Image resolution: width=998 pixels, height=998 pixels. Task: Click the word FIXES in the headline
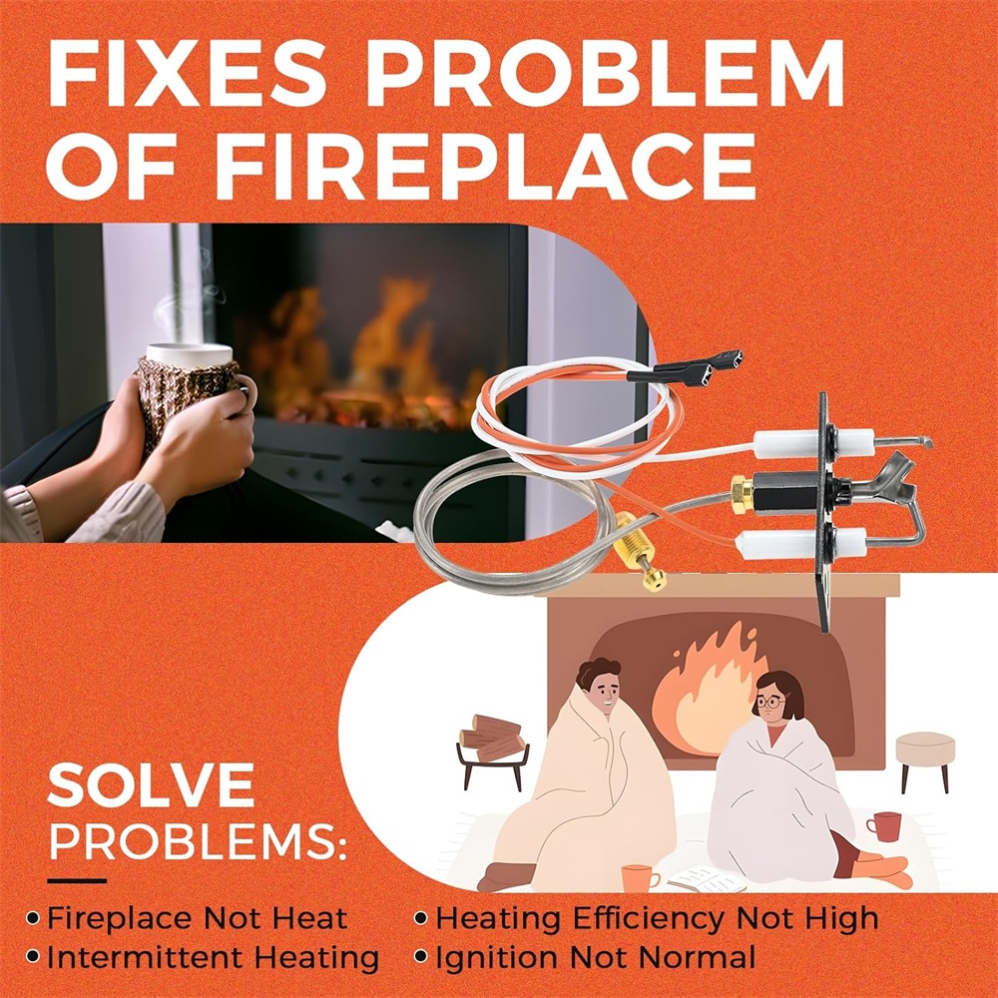(187, 73)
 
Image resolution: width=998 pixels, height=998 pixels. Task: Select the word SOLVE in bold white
(151, 786)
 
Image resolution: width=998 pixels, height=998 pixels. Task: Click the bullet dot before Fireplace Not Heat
(33, 918)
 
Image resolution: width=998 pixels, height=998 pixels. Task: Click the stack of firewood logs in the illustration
(493, 738)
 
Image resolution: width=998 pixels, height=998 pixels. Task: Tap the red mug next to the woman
(884, 826)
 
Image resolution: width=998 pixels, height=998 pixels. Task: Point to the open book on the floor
(707, 880)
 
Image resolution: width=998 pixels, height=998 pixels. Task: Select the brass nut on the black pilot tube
(742, 494)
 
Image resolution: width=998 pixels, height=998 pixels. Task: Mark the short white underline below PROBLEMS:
(77, 881)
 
